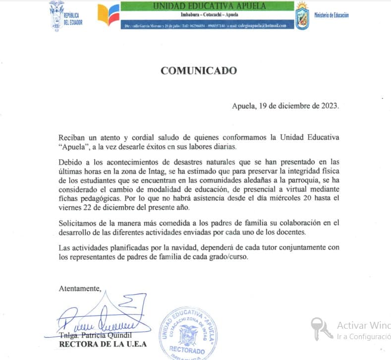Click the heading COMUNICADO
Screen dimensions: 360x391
[198, 71]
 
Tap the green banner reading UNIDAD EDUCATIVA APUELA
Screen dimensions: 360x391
[209, 6]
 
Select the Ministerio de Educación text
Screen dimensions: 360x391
[331, 15]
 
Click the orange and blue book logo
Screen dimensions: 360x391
[108, 14]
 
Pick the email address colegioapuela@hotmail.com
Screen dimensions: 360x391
[262, 26]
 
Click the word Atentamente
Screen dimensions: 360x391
[80, 288]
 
